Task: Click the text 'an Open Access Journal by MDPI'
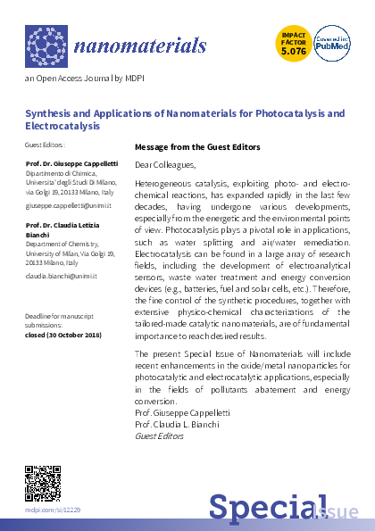click(x=73, y=79)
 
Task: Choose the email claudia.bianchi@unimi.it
click(x=67, y=277)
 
